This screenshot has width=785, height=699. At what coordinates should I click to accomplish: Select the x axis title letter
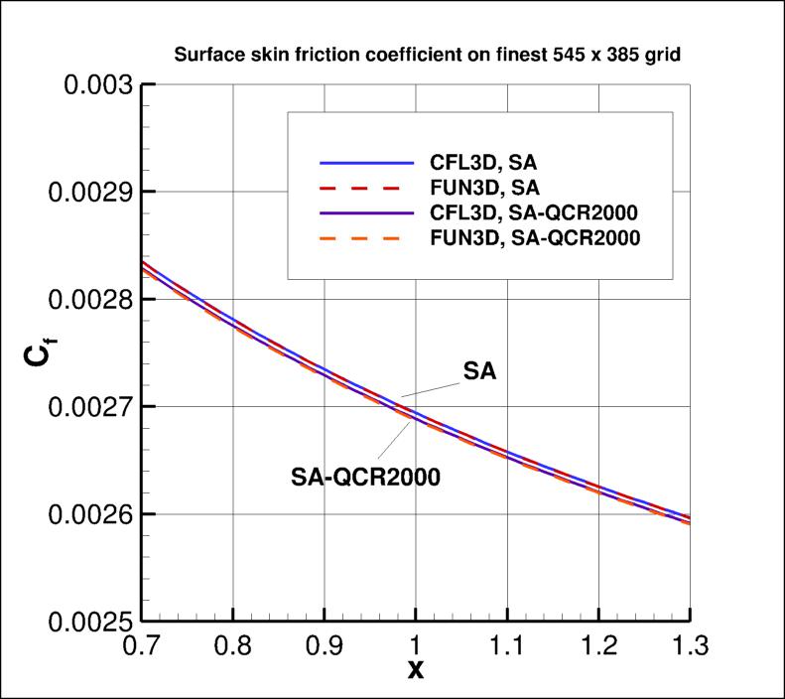[x=416, y=669]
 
